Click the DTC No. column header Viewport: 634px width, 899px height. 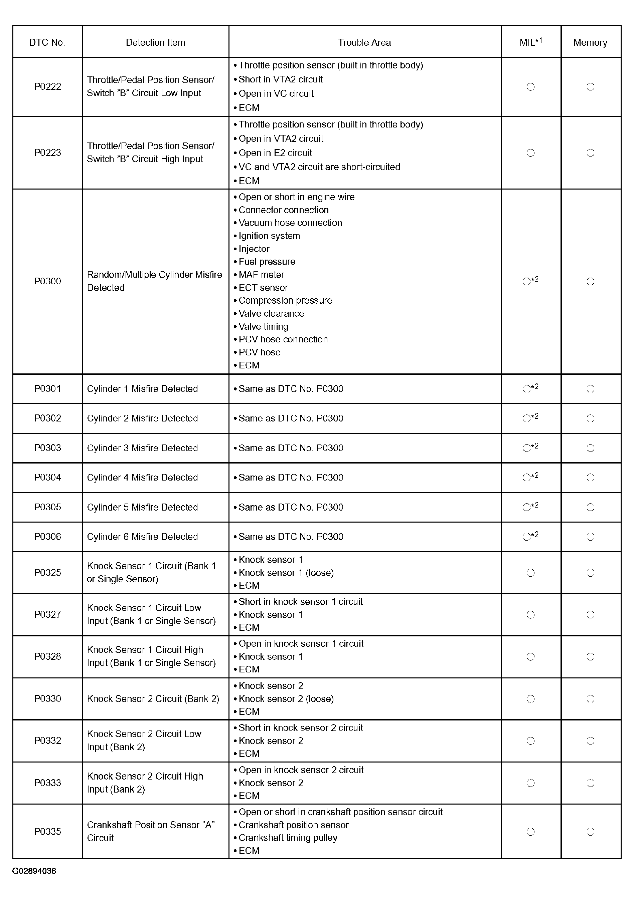[x=47, y=43]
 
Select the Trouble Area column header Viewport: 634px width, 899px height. [x=364, y=43]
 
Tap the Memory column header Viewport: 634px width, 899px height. [x=590, y=43]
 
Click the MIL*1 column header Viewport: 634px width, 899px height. [x=530, y=42]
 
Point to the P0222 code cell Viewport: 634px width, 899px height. [x=47, y=86]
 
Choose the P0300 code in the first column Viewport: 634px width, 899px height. [x=47, y=281]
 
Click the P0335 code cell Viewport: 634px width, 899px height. [x=47, y=831]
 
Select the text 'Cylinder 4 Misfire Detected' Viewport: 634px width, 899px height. [x=142, y=477]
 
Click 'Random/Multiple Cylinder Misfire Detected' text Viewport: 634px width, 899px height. [x=154, y=281]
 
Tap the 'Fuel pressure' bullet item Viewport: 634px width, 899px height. [x=267, y=262]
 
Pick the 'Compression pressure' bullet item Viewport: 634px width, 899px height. [x=285, y=300]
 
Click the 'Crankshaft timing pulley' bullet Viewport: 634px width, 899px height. [x=288, y=838]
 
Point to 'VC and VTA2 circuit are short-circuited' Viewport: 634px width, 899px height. [x=319, y=167]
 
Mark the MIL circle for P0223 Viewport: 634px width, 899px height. [x=530, y=153]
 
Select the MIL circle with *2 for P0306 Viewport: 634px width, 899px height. [x=527, y=537]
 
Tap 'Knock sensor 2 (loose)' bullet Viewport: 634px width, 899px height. [x=286, y=698]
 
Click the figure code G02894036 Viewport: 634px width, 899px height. [x=34, y=871]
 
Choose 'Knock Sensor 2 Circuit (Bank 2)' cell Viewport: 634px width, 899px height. [x=153, y=698]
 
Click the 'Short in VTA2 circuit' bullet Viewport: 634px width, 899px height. [x=280, y=79]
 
